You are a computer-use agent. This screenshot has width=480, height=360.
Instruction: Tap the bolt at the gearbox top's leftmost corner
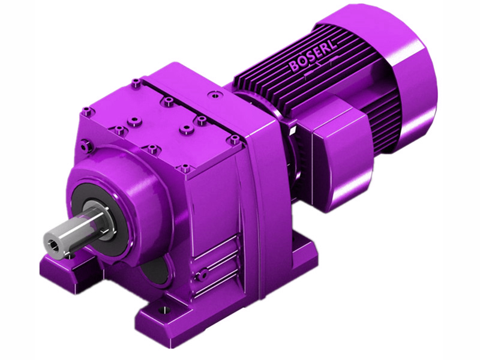pyautogui.click(x=87, y=110)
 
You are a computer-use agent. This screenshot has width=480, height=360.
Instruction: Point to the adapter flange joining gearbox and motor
pyautogui.click(x=264, y=150)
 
